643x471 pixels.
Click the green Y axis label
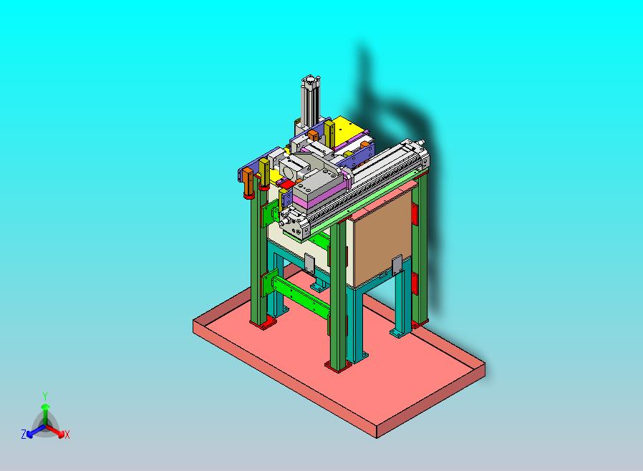[44, 396]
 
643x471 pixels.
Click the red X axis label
[67, 434]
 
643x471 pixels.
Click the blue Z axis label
[24, 434]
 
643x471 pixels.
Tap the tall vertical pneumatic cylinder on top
[310, 104]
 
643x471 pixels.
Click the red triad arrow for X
[57, 432]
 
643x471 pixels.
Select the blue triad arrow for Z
[32, 431]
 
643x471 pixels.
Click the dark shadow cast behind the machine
[401, 115]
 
